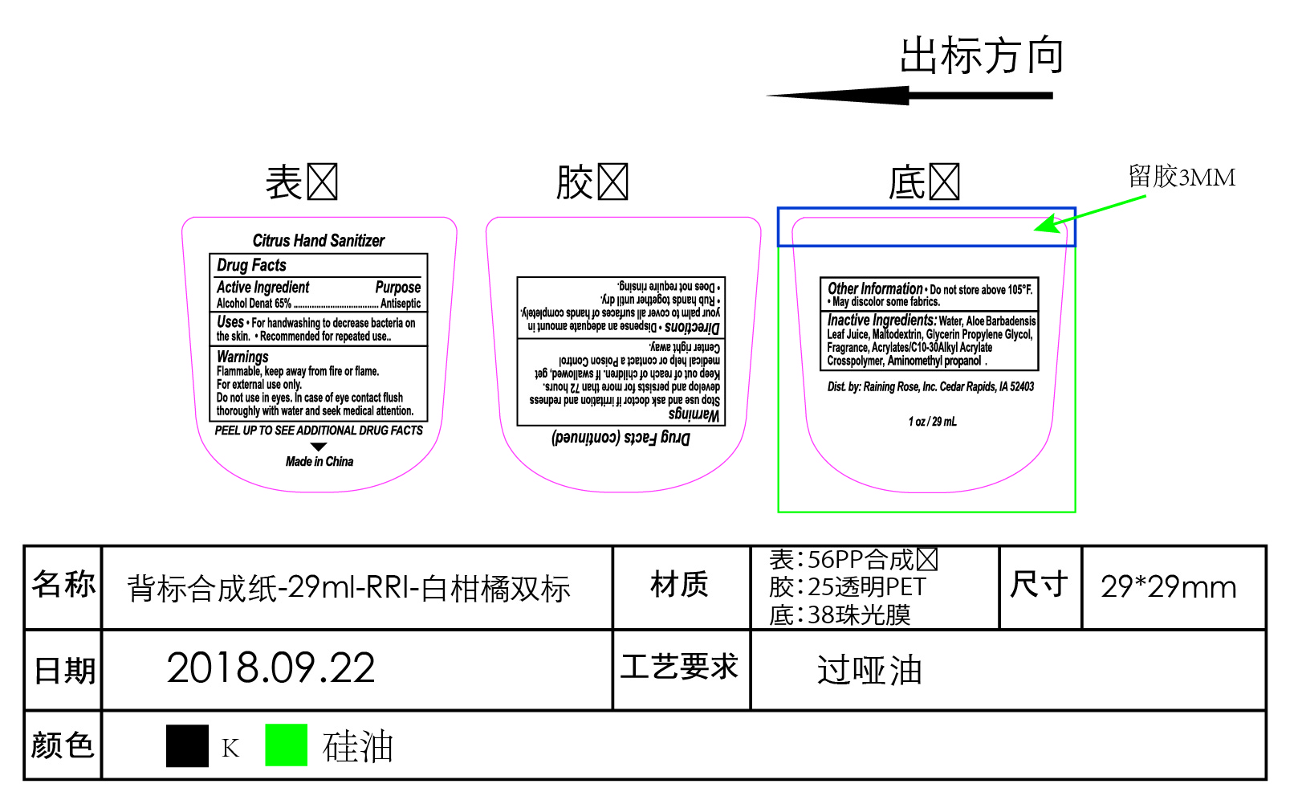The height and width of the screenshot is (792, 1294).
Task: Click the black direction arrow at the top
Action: [x=909, y=96]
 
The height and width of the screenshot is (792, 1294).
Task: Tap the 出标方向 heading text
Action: [x=982, y=56]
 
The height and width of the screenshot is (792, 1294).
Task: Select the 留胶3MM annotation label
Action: [x=1182, y=177]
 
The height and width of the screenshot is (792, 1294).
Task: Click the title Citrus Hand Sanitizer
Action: [x=318, y=240]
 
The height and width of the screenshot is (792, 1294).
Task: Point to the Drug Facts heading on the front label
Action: [x=251, y=265]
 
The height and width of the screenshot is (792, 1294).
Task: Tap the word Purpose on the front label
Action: [x=397, y=287]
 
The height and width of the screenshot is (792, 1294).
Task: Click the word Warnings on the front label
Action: [x=242, y=357]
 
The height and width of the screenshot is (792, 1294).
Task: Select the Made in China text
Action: [x=319, y=461]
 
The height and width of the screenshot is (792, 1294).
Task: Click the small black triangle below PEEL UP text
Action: [x=319, y=447]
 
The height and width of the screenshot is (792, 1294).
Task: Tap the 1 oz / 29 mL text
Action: [x=932, y=422]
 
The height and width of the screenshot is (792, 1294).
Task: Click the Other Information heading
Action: [x=875, y=288]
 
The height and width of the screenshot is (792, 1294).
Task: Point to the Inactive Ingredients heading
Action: [x=881, y=320]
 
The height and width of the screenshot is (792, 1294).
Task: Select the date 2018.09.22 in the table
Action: [x=271, y=668]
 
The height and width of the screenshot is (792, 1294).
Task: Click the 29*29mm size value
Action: [x=1168, y=587]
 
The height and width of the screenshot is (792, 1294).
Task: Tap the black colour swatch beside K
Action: [x=187, y=745]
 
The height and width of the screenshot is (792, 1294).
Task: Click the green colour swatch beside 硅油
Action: [x=287, y=745]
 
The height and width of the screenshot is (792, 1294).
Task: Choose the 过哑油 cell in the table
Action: [x=869, y=670]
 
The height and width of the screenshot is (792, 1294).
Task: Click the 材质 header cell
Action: [x=680, y=585]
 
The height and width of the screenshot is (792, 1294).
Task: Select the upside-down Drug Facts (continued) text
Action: [x=621, y=438]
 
